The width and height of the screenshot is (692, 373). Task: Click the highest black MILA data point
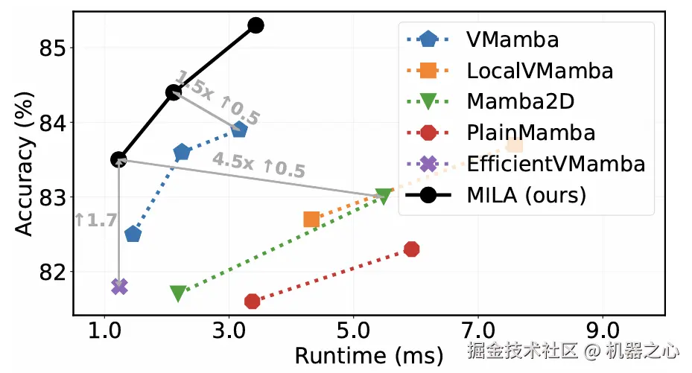click(255, 25)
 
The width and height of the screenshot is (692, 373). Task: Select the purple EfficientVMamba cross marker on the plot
click(119, 286)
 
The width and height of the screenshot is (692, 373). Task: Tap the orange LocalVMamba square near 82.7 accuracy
click(311, 219)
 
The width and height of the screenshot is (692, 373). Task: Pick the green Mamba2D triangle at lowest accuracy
click(178, 293)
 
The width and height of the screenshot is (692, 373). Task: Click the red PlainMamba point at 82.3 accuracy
click(411, 249)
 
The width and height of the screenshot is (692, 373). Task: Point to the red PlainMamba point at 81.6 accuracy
click(253, 301)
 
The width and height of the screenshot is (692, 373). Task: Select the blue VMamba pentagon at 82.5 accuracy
click(133, 234)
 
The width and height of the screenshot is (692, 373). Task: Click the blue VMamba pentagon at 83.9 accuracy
click(239, 130)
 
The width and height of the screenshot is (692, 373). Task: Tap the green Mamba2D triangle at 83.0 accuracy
click(384, 196)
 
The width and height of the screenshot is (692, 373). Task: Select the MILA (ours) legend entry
click(526, 195)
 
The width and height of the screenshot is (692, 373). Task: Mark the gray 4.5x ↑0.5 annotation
click(258, 165)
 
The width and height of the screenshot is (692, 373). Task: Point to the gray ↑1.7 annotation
click(95, 220)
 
